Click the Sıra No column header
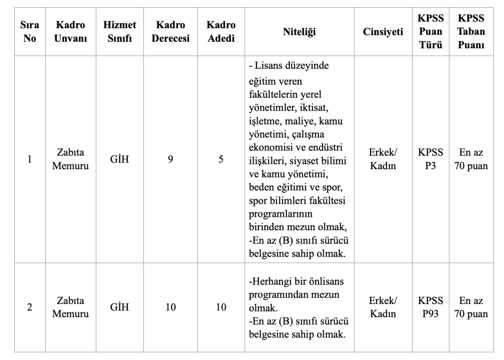[x=30, y=32]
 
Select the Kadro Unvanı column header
[x=70, y=32]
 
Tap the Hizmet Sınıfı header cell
[x=120, y=32]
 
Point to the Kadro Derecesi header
[x=170, y=32]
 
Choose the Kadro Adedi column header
[x=221, y=32]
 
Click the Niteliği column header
[x=299, y=32]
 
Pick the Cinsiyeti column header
[x=383, y=32]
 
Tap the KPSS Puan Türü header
[x=431, y=32]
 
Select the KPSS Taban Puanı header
[x=471, y=32]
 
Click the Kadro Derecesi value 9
[x=170, y=159]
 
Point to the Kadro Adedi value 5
[x=221, y=159]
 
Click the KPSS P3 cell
[x=431, y=159]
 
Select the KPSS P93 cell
[x=431, y=307]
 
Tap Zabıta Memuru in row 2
[x=70, y=307]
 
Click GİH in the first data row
[x=120, y=159]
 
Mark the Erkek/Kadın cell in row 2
[x=383, y=307]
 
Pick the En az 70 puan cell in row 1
[x=471, y=159]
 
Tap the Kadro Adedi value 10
[x=221, y=307]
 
